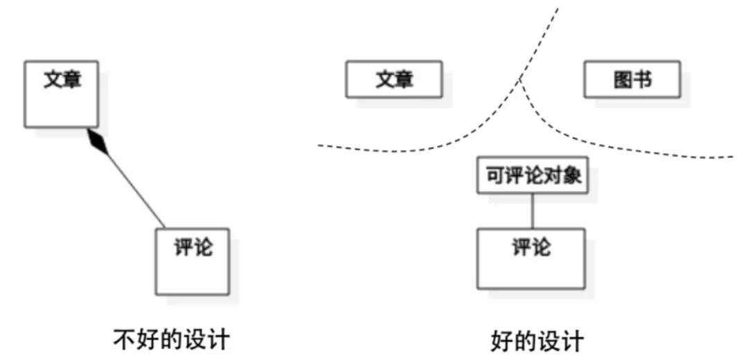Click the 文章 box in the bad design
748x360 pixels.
coord(61,94)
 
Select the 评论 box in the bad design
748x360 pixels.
coord(192,260)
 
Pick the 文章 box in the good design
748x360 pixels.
coord(393,80)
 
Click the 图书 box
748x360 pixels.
coord(632,80)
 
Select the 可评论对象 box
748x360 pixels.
coord(532,176)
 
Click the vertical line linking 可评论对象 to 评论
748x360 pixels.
coord(532,210)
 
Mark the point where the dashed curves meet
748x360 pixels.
coord(522,82)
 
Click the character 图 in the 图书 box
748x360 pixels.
coord(622,80)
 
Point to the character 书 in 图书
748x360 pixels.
coord(642,80)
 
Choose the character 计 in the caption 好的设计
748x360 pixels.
coord(572,341)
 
